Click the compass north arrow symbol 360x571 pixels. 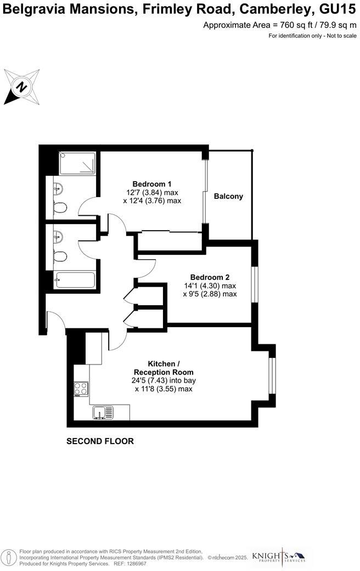click(x=21, y=87)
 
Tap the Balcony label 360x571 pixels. click(x=228, y=196)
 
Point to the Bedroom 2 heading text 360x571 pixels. click(x=210, y=277)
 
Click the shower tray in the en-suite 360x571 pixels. click(x=77, y=164)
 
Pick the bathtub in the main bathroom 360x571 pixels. click(x=75, y=280)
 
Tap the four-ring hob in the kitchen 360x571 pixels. click(x=81, y=388)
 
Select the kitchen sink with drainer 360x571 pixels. click(x=103, y=412)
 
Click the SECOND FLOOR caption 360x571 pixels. click(x=100, y=441)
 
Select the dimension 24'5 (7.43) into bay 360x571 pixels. click(x=163, y=380)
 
